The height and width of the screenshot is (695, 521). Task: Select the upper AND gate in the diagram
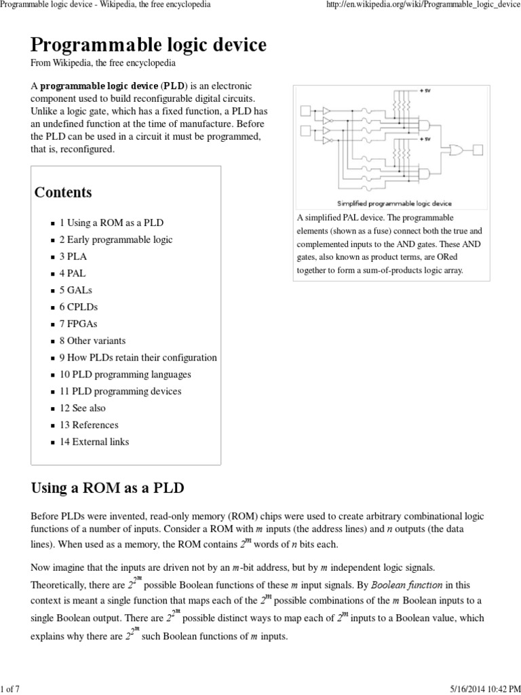(x=428, y=123)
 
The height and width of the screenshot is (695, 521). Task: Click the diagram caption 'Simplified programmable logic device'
(x=394, y=203)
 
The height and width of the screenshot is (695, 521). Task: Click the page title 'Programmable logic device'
(x=149, y=45)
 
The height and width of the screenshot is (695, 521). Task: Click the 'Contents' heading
(x=63, y=192)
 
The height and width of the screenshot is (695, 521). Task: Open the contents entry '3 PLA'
(x=73, y=257)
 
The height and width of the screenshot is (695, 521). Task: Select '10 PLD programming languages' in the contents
(x=125, y=375)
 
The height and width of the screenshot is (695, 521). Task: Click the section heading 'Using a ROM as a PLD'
(x=108, y=488)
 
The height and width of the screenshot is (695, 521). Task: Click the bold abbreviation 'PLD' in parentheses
(x=170, y=87)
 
